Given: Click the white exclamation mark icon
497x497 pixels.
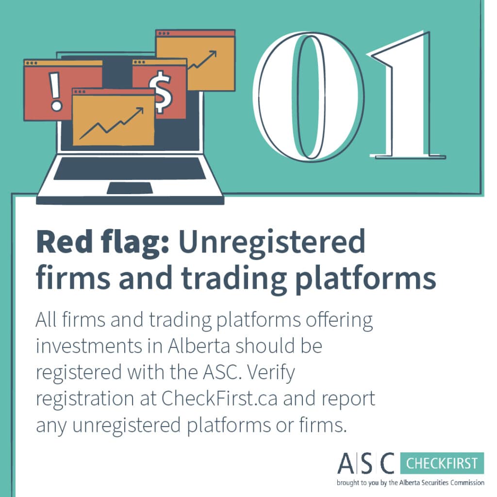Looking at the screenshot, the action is point(55,92).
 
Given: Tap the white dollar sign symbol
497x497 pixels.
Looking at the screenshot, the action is point(161,92).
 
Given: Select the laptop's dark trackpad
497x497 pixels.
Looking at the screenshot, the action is point(130,188).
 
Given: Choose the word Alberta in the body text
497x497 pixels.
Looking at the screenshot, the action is point(199,346).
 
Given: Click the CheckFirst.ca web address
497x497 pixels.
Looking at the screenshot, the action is point(219,398).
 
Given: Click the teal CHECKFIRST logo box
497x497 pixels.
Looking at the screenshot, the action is point(442,463).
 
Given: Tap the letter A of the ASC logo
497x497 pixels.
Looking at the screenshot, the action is point(346,463).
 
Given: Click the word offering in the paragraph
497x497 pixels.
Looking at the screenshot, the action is point(339,321).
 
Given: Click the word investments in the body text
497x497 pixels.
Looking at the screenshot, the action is point(89,346).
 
